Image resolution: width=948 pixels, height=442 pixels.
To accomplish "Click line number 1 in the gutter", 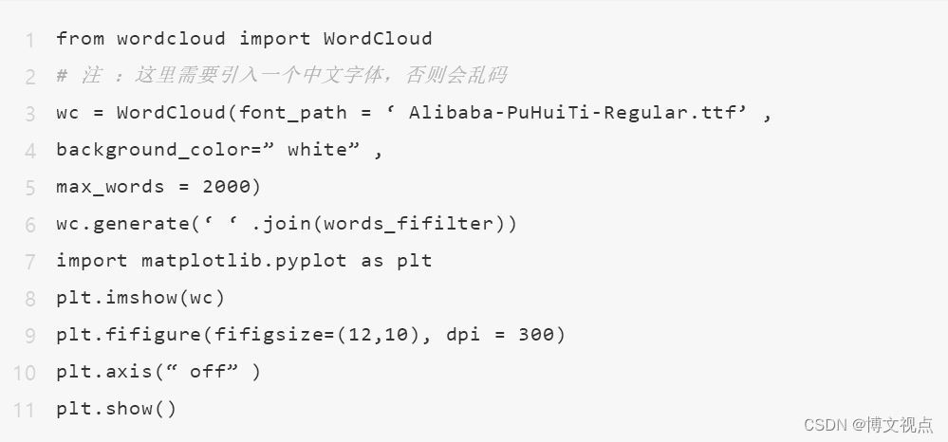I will click(x=31, y=40).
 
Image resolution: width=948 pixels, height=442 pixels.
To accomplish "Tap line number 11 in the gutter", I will click(x=25, y=410).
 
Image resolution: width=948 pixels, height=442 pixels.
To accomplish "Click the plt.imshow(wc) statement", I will click(x=140, y=298).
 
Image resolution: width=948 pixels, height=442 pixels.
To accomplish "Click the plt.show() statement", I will click(x=117, y=409).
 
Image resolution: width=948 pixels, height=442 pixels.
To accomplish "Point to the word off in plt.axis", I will click(x=208, y=372).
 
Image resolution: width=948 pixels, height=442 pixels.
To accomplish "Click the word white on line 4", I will click(x=317, y=150).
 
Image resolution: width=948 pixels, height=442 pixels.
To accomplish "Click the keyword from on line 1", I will click(x=80, y=39).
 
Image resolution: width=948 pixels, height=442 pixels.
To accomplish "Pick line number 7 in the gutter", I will click(x=31, y=261).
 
